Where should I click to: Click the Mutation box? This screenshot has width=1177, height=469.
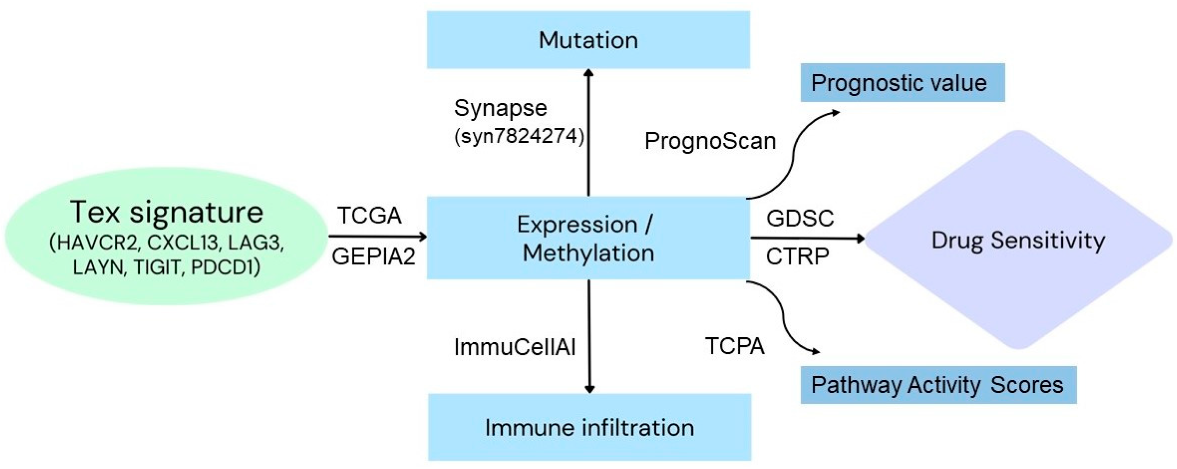click(588, 40)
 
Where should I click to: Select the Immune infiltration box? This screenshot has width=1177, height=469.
click(590, 427)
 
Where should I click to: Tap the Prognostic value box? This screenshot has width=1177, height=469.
click(902, 83)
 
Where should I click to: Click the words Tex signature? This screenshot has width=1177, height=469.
click(167, 212)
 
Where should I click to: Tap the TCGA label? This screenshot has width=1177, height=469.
click(369, 215)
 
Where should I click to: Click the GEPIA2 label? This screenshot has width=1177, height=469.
click(373, 257)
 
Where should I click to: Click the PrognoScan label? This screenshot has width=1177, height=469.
click(710, 141)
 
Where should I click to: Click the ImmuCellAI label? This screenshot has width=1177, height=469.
click(515, 347)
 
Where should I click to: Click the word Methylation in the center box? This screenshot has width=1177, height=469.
click(588, 253)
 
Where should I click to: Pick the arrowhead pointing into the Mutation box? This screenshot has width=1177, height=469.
click(588, 73)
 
